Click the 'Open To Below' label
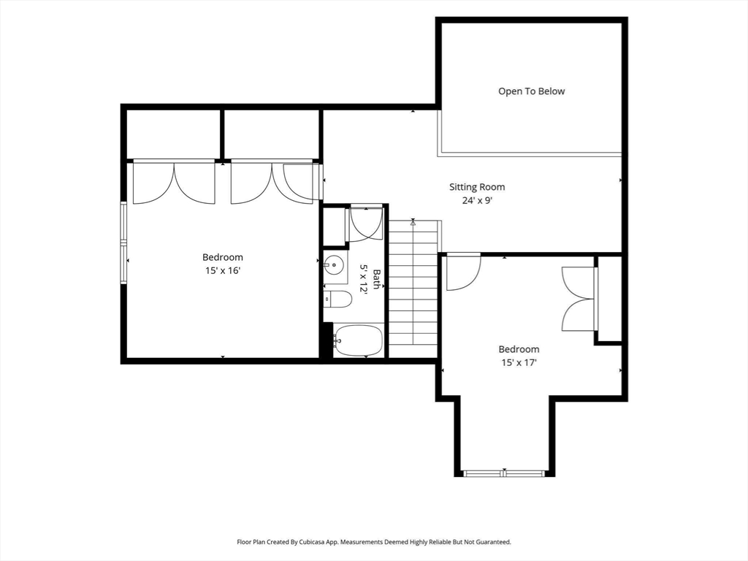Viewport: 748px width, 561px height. click(532, 91)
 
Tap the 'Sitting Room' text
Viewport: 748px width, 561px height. click(477, 187)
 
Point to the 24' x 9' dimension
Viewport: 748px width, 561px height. click(477, 201)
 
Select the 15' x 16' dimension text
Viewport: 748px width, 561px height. click(222, 270)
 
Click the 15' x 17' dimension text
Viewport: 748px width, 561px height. click(519, 362)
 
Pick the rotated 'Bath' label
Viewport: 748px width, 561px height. click(377, 279)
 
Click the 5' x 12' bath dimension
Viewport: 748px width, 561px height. click(364, 279)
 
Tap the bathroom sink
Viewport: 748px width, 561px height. click(334, 264)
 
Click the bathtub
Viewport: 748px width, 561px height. click(358, 340)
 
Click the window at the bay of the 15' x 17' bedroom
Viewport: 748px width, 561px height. click(505, 473)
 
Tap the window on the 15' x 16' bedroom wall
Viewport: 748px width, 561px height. click(123, 243)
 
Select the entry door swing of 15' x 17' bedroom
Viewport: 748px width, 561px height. click(463, 273)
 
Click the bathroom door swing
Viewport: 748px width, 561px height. click(365, 224)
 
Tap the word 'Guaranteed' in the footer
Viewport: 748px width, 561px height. click(496, 542)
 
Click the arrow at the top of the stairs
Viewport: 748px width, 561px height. click(413, 222)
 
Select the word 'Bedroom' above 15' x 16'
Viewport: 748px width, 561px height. click(223, 258)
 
